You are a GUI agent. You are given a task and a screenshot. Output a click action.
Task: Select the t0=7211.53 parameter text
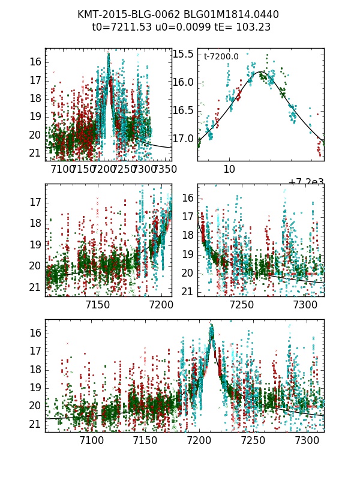[118, 27]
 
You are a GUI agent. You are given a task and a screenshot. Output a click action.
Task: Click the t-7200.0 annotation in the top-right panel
[221, 56]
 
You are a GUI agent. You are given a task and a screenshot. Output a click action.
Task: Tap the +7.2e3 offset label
[306, 182]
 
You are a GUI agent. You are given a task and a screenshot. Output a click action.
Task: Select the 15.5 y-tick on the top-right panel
[183, 54]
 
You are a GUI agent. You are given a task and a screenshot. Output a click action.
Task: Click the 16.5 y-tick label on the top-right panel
[183, 110]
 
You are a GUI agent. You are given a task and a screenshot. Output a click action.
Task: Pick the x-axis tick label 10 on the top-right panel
[229, 170]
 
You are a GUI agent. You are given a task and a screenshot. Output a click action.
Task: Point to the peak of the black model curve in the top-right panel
[261, 72]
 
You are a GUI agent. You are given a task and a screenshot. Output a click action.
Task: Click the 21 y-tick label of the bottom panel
[35, 424]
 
